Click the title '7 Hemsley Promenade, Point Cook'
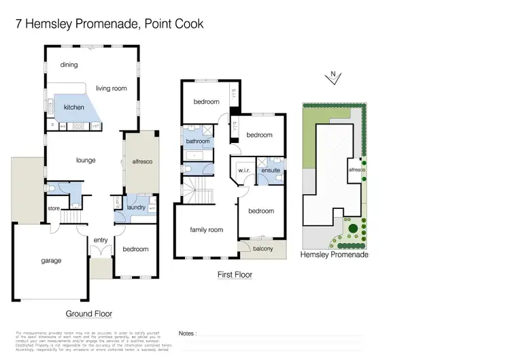click(109, 24)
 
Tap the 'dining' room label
click(69, 65)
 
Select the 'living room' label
click(112, 88)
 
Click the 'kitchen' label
click(74, 108)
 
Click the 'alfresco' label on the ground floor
click(141, 162)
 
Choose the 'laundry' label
click(137, 207)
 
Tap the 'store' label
click(54, 208)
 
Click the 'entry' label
click(101, 240)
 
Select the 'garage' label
click(50, 261)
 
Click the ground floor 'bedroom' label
click(135, 249)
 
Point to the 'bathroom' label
click(198, 142)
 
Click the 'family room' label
click(207, 230)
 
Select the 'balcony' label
click(262, 248)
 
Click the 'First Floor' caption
click(235, 275)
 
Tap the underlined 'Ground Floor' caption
click(89, 314)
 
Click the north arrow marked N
click(332, 77)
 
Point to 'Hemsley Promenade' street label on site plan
click(335, 255)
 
